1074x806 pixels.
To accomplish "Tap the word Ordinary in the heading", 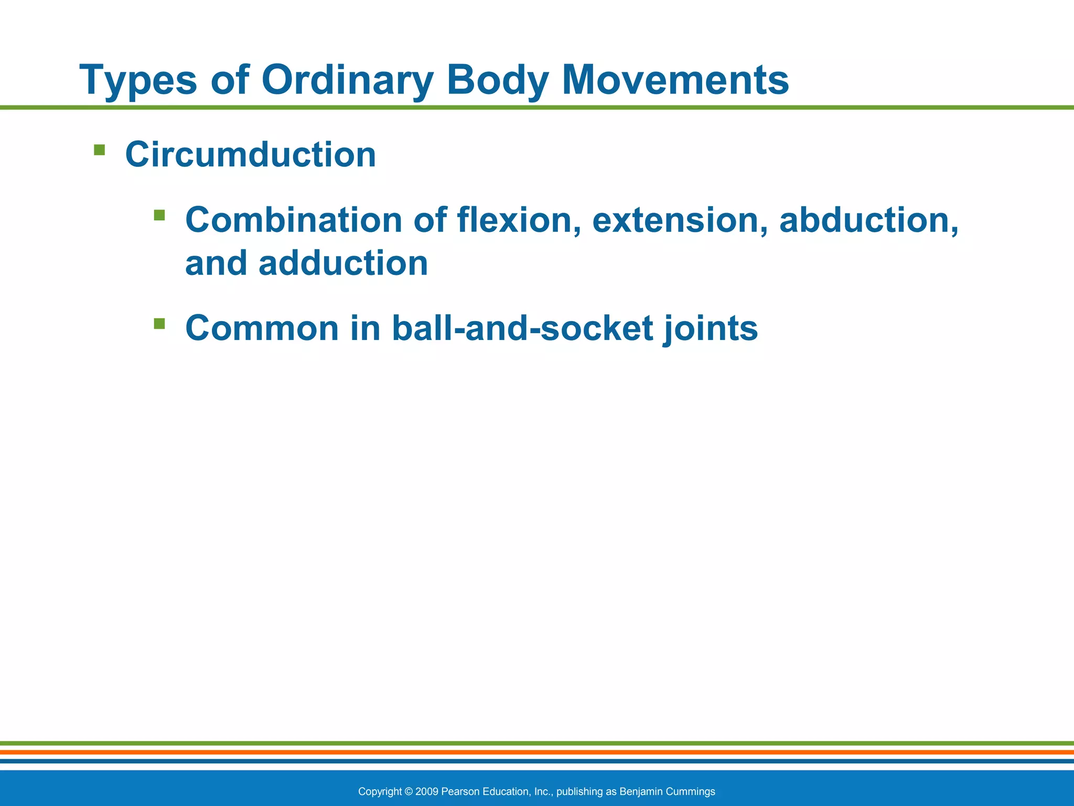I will pyautogui.click(x=347, y=80).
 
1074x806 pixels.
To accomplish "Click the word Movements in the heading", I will pyautogui.click(x=675, y=80).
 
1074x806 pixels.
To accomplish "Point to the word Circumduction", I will pyautogui.click(x=251, y=155).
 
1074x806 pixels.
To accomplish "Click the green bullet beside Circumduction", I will pyautogui.click(x=99, y=151).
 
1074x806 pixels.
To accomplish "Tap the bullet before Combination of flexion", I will pyautogui.click(x=159, y=215).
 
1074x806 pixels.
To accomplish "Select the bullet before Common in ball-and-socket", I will pyautogui.click(x=159, y=323).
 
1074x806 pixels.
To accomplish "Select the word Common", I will pyautogui.click(x=262, y=328).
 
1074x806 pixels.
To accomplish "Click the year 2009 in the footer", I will pyautogui.click(x=426, y=791).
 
